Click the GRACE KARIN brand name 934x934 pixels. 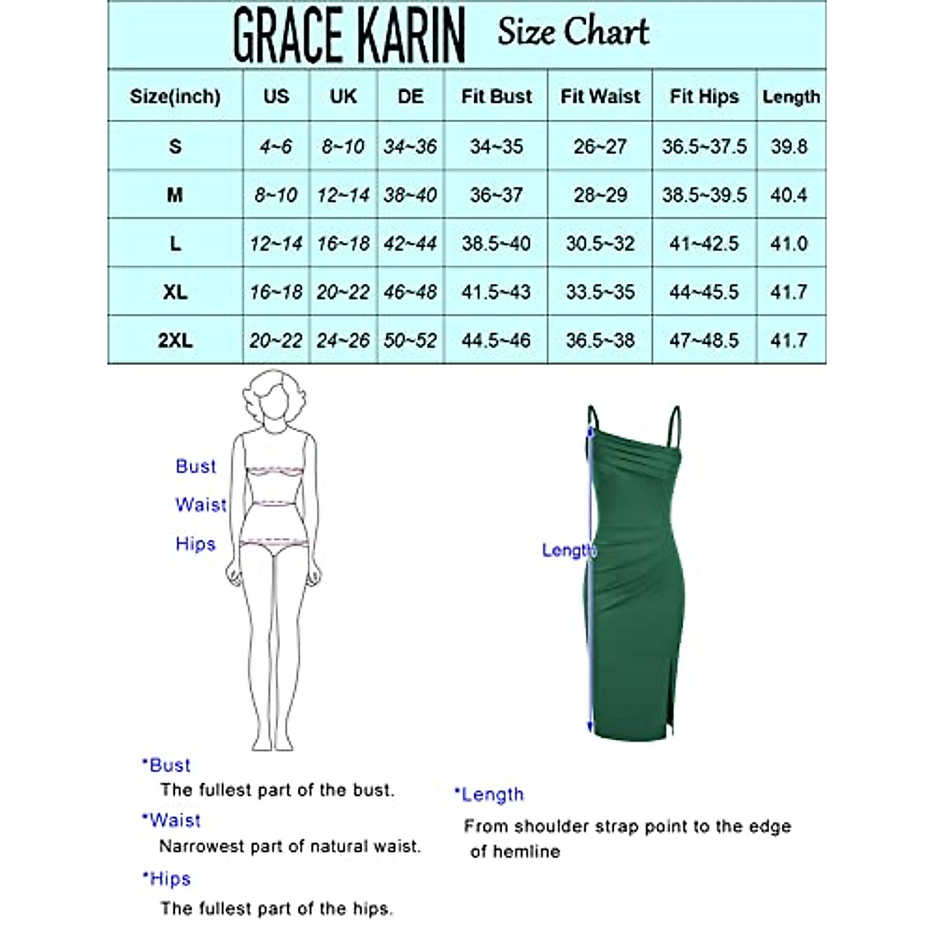349,35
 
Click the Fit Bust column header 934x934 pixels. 496,97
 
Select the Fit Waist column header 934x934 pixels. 600,97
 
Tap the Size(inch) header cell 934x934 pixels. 175,97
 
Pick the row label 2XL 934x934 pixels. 175,340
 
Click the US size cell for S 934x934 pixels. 276,146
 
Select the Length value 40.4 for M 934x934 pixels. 788,195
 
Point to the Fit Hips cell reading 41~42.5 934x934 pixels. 704,244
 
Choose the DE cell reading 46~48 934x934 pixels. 410,292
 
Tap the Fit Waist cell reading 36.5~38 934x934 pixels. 600,340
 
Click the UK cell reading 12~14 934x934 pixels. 343,195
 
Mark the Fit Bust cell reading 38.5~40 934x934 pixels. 496,244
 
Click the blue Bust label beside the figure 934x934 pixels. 195,466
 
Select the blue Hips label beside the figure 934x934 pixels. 195,543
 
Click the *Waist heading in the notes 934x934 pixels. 172,820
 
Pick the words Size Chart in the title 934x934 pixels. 573,33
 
